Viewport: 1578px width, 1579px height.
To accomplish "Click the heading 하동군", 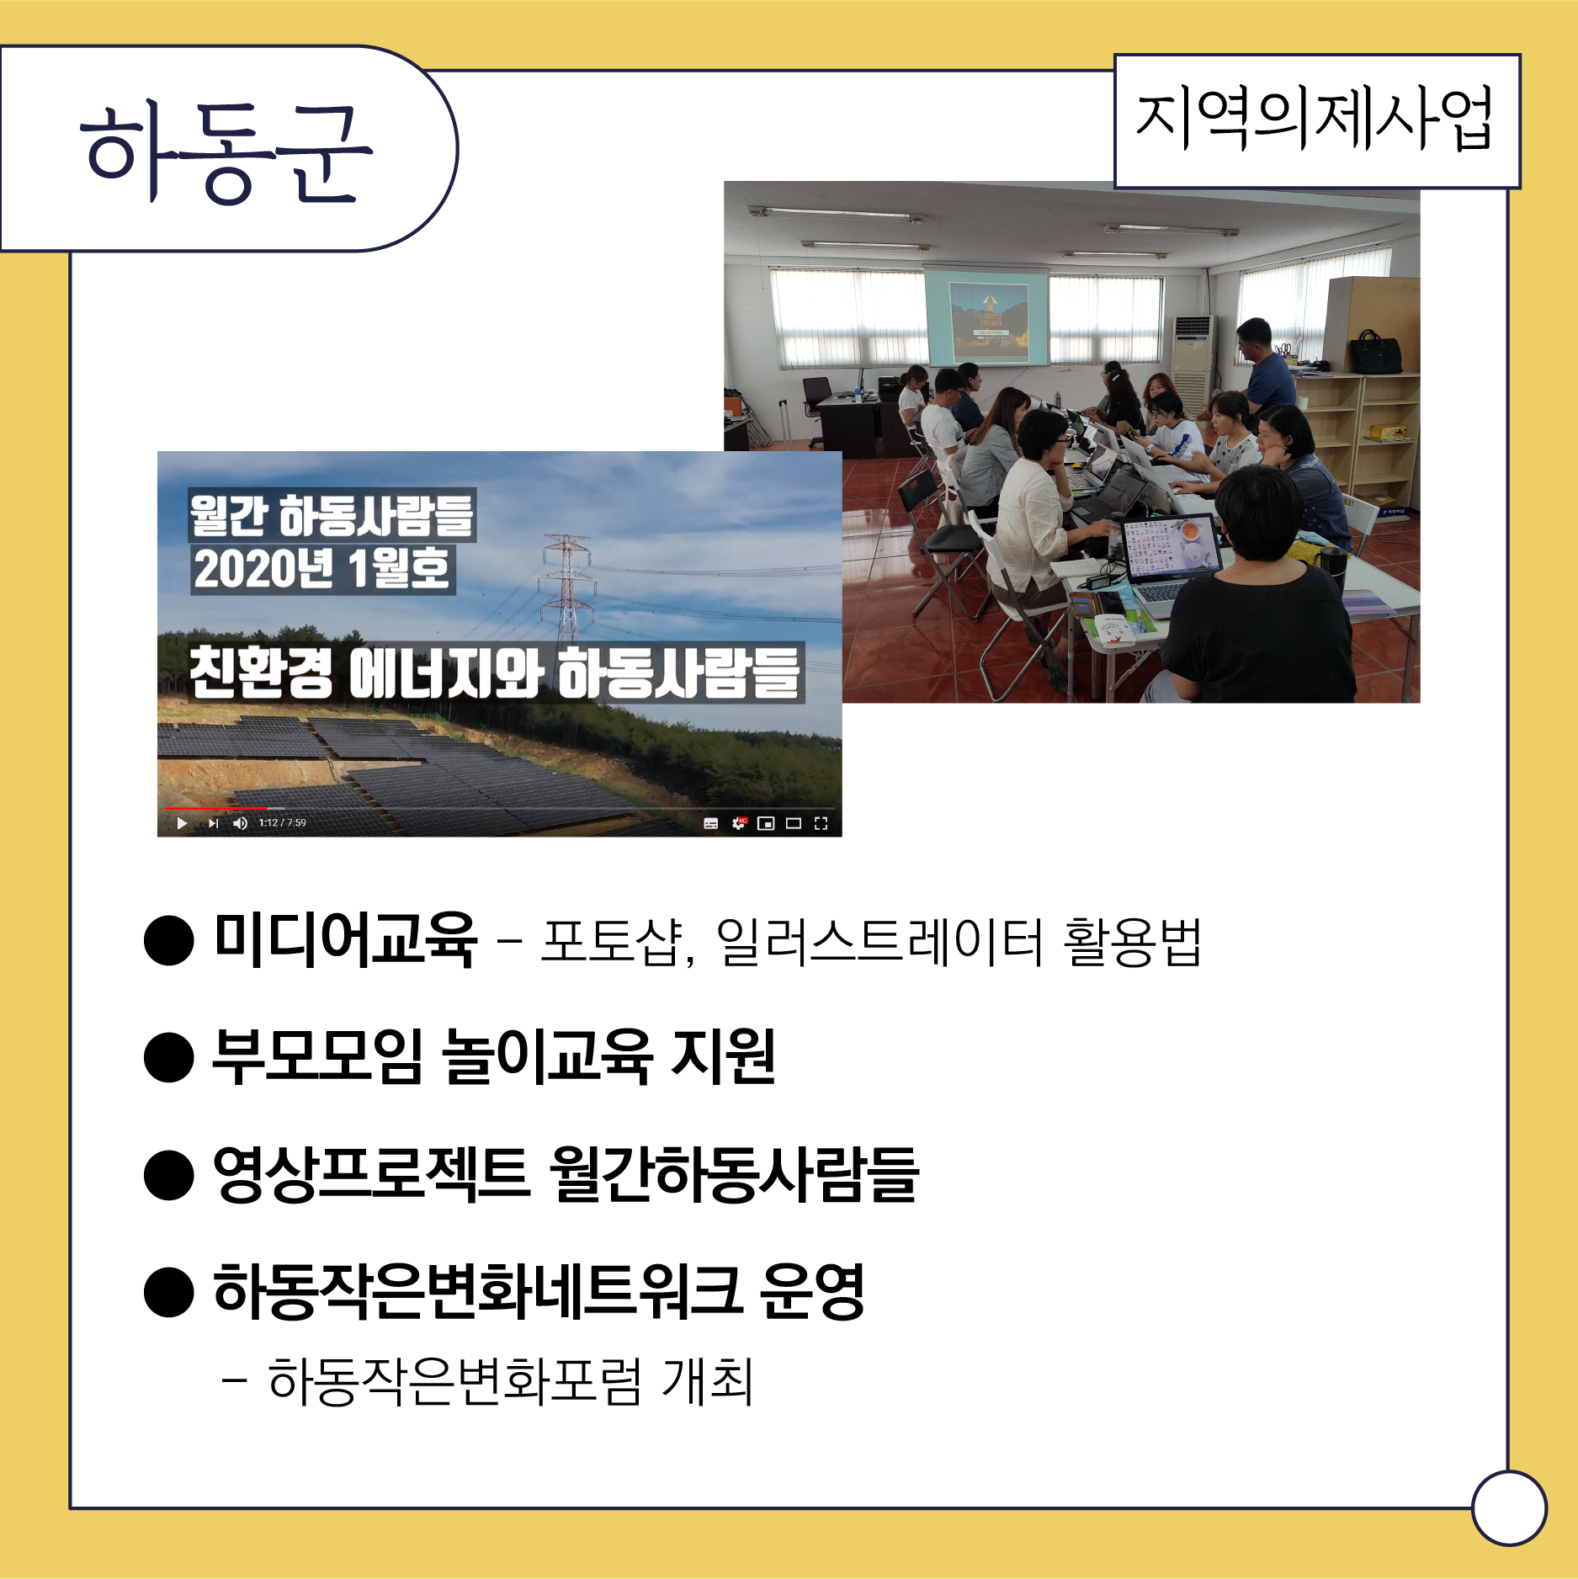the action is pyautogui.click(x=226, y=152).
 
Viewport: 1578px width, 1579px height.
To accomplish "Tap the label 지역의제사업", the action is pyautogui.click(x=1315, y=119).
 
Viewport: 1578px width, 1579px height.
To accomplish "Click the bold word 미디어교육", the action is pyautogui.click(x=346, y=940).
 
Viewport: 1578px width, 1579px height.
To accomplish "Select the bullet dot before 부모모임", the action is pyautogui.click(x=169, y=1057).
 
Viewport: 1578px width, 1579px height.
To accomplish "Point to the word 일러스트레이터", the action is pyautogui.click(x=880, y=942).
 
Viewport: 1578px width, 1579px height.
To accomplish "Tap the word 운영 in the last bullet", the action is pyautogui.click(x=812, y=1291).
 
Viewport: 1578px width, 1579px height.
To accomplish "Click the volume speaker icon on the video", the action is pyautogui.click(x=241, y=823).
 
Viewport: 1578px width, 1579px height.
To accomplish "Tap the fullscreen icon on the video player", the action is pyautogui.click(x=821, y=823).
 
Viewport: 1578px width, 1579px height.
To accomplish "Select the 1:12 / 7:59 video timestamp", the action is pyautogui.click(x=283, y=823).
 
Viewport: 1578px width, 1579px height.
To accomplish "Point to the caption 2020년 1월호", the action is pyautogui.click(x=323, y=570).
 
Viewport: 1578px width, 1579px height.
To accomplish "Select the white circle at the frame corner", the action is pyautogui.click(x=1510, y=1508).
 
